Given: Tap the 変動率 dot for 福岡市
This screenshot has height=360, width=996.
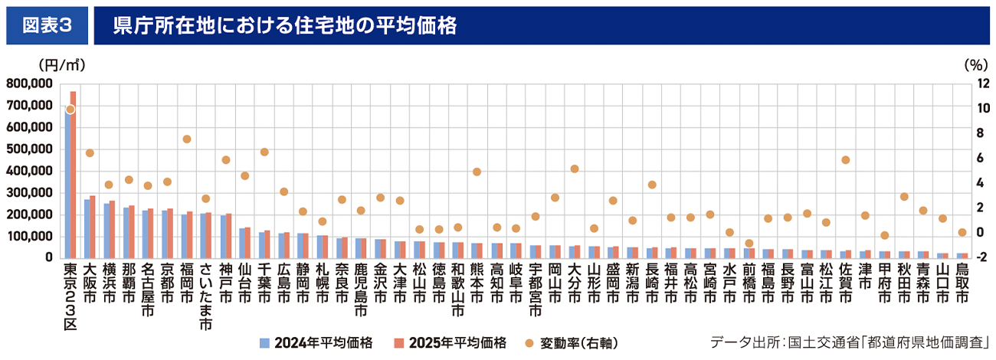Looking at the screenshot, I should click(186, 139).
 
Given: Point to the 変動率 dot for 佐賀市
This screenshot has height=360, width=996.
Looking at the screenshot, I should click(845, 160).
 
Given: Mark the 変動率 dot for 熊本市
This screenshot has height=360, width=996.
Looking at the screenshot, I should click(477, 172).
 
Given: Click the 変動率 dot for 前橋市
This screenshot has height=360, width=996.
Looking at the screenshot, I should click(749, 243).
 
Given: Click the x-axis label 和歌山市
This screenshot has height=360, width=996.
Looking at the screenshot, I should click(457, 290).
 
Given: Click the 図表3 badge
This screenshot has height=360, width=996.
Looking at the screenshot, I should click(47, 25).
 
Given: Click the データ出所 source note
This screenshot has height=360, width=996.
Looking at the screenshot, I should click(850, 342).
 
